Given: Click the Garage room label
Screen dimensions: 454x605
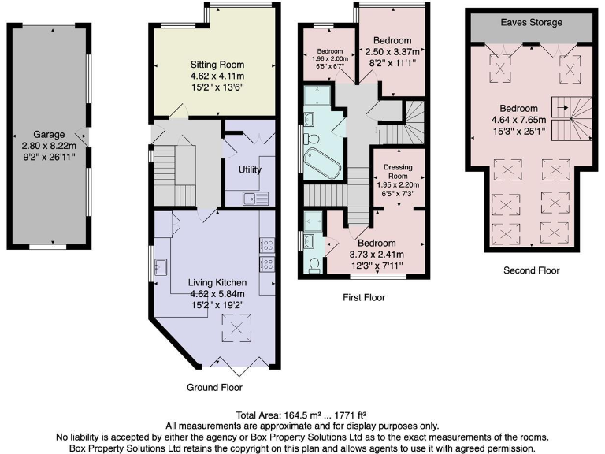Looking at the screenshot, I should point(49,134).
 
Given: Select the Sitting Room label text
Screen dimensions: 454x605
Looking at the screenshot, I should point(217,64).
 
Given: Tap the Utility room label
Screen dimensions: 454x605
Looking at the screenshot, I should point(250,169).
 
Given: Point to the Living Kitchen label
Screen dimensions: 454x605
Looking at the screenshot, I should point(217,282).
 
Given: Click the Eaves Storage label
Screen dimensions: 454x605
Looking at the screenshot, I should point(531,23).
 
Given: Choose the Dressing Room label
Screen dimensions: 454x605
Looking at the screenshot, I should point(398,172).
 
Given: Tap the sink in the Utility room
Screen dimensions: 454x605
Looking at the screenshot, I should point(256,198).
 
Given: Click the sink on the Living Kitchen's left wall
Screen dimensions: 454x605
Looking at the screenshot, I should point(161,266).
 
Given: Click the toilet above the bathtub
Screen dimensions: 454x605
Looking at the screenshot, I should point(313,138).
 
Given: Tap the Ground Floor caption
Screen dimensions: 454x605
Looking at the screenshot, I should point(214,388).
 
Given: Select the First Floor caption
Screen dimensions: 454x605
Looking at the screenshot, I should point(363,298).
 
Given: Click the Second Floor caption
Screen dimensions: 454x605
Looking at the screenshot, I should point(532,270).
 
